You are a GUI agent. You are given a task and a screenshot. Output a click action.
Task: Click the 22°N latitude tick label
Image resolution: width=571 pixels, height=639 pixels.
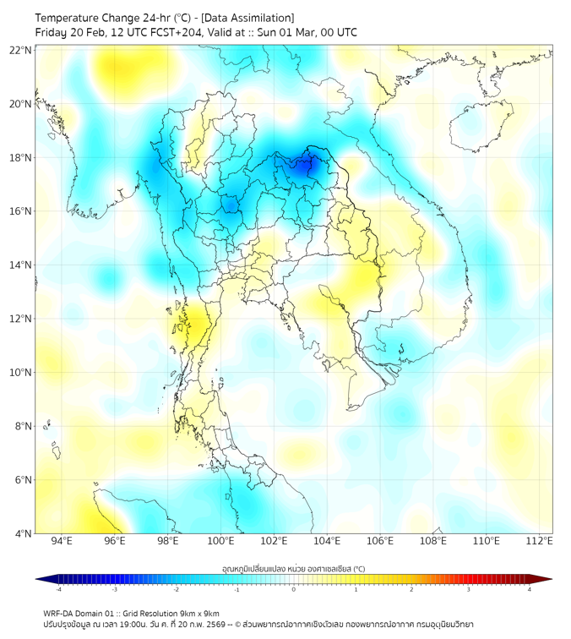20,50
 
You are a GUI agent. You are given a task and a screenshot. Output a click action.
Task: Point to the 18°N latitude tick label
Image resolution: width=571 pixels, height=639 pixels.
20,157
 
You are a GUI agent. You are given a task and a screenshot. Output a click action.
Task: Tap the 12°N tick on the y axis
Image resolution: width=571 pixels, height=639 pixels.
20,319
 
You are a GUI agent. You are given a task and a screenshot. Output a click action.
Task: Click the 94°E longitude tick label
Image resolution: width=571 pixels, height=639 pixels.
62,541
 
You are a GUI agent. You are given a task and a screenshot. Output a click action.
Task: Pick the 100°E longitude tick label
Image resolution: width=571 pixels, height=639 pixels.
220,541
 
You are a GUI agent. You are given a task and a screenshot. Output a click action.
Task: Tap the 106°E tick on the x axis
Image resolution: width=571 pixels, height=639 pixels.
380,541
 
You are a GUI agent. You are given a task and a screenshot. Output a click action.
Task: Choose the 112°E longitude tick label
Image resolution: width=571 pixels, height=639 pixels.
539,541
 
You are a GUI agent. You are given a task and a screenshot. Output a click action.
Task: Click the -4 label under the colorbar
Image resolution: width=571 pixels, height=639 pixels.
58,590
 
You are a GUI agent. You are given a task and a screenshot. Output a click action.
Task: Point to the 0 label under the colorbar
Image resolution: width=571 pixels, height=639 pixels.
294,590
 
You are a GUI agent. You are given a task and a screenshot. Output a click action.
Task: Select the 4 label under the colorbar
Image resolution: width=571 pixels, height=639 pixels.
530,590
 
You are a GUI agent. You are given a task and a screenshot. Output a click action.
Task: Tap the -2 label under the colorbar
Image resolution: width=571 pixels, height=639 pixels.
176,590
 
